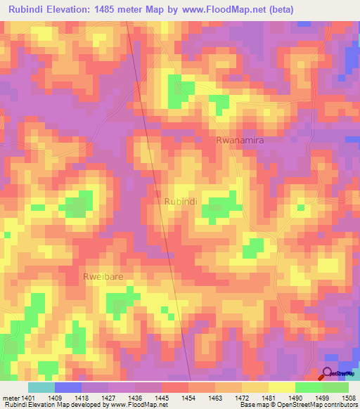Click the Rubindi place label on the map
pyautogui.click(x=180, y=201)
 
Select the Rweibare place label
pyautogui.click(x=103, y=276)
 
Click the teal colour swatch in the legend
pyautogui.click(x=41, y=387)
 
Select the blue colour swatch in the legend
pyautogui.click(x=68, y=387)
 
